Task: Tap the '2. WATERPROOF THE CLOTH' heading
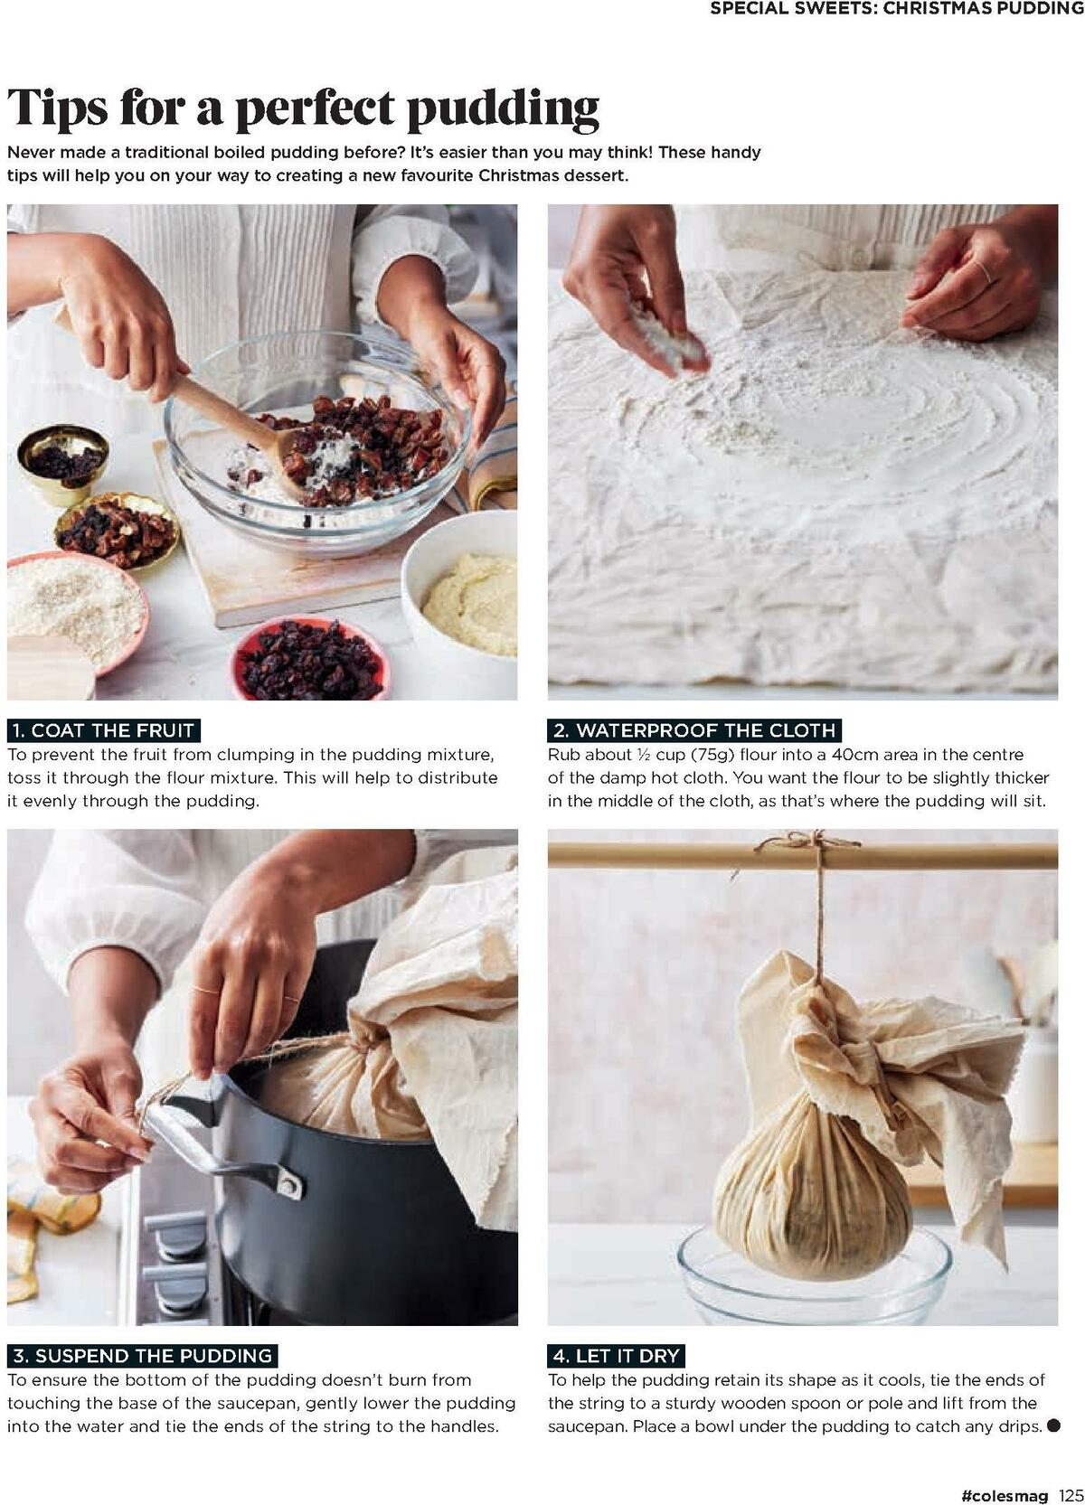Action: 694,729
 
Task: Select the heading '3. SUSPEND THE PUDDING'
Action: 142,1355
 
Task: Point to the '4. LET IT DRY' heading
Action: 616,1355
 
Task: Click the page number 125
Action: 1071,1494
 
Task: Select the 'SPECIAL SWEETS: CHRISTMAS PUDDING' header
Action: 896,9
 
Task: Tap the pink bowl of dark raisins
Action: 310,658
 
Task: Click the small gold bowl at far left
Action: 63,464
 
